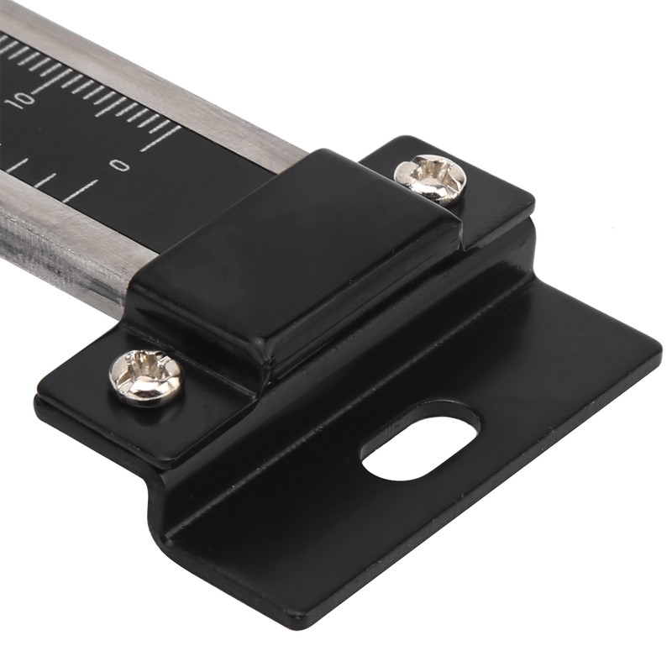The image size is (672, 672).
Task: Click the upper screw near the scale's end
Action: pos(430,179)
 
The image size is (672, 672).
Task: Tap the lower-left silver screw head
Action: pos(145,377)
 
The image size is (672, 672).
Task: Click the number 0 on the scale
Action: pos(122,165)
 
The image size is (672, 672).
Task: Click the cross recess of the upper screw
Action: pos(431,177)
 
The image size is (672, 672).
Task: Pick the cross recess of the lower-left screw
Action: pos(144,375)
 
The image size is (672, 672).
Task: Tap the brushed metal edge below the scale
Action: pos(59,252)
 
